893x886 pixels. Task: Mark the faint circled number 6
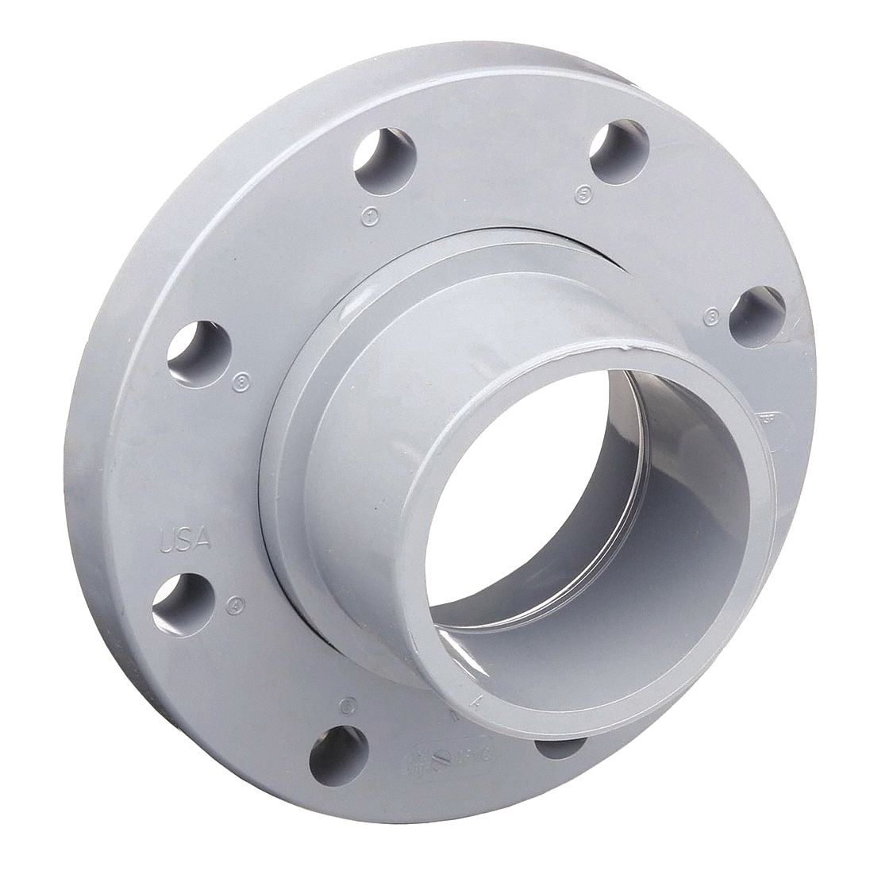[344, 703]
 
